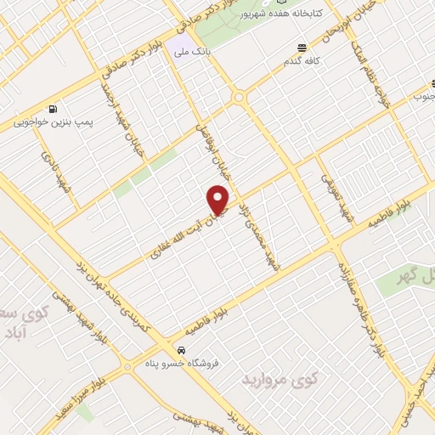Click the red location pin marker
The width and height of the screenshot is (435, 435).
point(219,200)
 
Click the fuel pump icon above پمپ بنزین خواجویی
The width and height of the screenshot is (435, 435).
point(54,109)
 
